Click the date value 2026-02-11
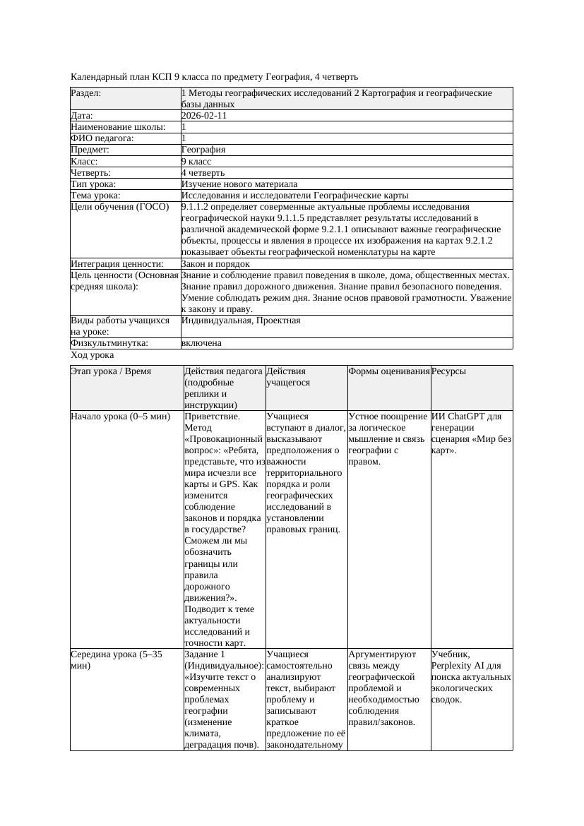tap(204, 116)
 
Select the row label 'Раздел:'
tap(86, 93)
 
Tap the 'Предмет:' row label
tap(91, 150)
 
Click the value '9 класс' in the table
tap(196, 161)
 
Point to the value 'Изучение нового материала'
tap(239, 184)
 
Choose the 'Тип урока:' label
tap(94, 184)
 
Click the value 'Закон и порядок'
tap(215, 264)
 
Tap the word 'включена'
tap(201, 343)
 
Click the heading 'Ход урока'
tap(93, 355)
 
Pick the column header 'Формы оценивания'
tap(389, 371)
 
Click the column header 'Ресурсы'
tap(448, 371)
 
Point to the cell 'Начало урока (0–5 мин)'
tap(121, 417)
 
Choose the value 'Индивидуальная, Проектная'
tap(241, 321)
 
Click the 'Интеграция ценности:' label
tap(117, 264)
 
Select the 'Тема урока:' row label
tap(96, 196)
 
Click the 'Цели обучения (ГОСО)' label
tap(120, 207)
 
